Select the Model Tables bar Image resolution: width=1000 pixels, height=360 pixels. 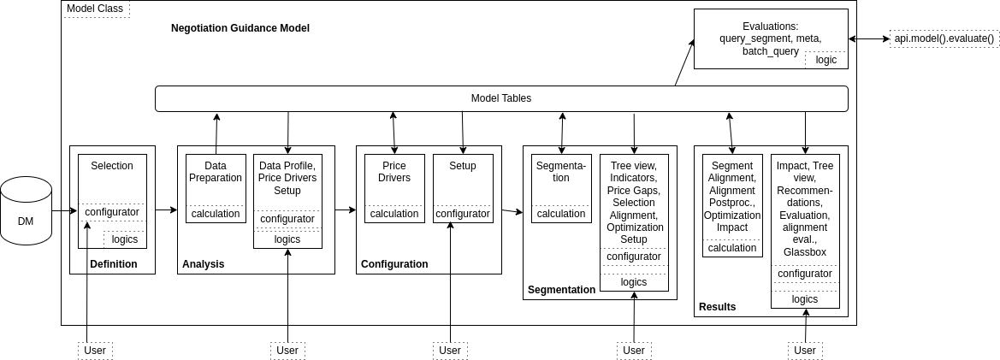(501, 98)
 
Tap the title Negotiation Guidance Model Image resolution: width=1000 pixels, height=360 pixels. (240, 28)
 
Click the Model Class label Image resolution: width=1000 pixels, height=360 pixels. (94, 9)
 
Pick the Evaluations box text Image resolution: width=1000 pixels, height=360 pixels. (770, 38)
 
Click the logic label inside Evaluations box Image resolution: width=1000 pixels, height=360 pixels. (825, 60)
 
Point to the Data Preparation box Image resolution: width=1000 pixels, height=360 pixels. (216, 171)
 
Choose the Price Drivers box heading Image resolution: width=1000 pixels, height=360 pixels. (394, 172)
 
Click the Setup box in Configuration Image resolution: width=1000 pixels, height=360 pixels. (462, 166)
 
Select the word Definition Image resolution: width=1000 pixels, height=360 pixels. (113, 264)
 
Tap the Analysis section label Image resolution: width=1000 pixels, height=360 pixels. (203, 264)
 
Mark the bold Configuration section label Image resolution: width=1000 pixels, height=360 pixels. (394, 264)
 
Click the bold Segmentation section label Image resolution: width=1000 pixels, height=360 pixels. (561, 290)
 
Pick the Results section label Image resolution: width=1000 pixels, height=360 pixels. (717, 307)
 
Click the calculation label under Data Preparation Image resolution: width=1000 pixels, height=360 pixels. (216, 214)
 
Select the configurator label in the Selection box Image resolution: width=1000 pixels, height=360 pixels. (112, 212)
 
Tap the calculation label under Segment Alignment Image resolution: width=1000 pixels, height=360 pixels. (732, 248)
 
